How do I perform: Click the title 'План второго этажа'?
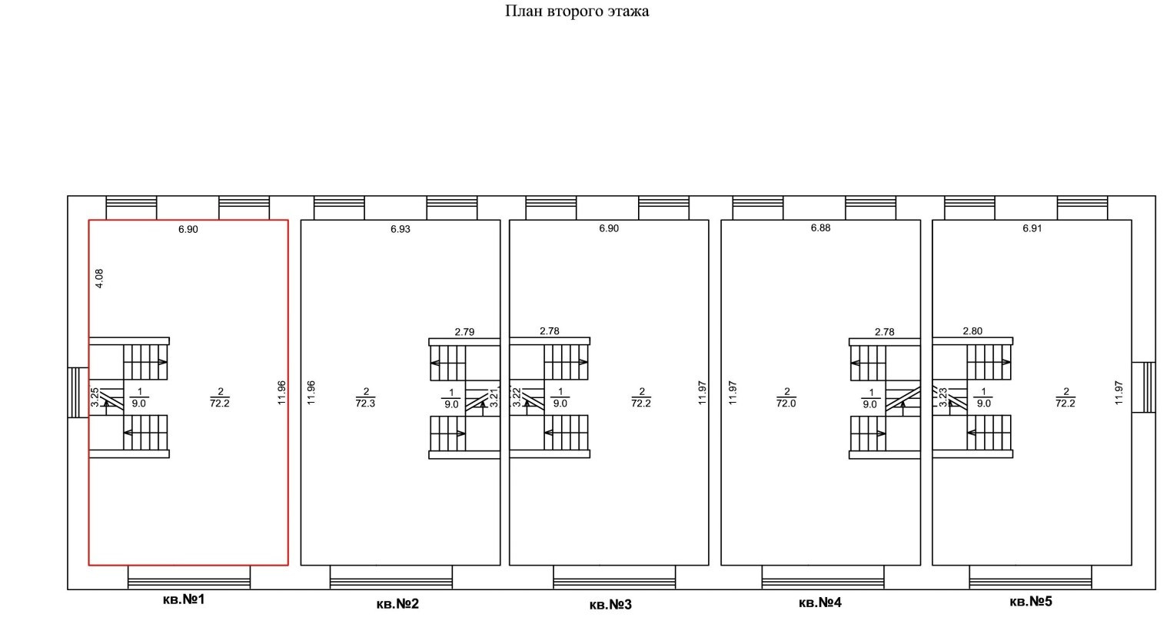[x=577, y=12]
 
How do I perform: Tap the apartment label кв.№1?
[x=184, y=599]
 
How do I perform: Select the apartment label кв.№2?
[x=397, y=603]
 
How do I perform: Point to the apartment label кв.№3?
[x=610, y=605]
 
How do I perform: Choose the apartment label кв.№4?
[x=820, y=603]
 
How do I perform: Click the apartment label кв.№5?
[x=1030, y=601]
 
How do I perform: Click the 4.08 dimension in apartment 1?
[x=99, y=278]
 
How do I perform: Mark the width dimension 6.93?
[x=401, y=229]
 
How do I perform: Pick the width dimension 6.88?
[x=820, y=228]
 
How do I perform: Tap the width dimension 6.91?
[x=1032, y=229]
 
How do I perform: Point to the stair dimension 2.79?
[x=464, y=332]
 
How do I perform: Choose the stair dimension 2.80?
[x=972, y=331]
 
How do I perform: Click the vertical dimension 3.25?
[x=95, y=397]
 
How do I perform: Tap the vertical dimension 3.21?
[x=494, y=397]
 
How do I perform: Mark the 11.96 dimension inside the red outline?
[x=281, y=393]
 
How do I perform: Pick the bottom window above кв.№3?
[x=614, y=577]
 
